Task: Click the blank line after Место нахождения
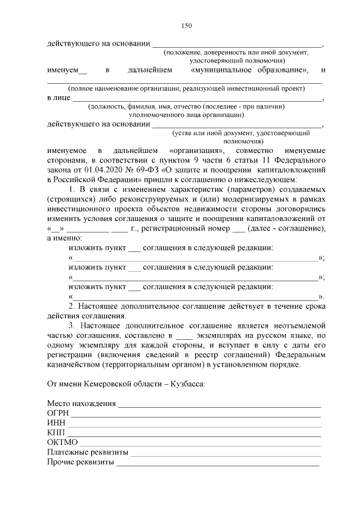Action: click(219, 404)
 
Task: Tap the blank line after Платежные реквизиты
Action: click(226, 453)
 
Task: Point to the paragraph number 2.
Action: click(71, 305)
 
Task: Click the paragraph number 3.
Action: click(71, 326)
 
